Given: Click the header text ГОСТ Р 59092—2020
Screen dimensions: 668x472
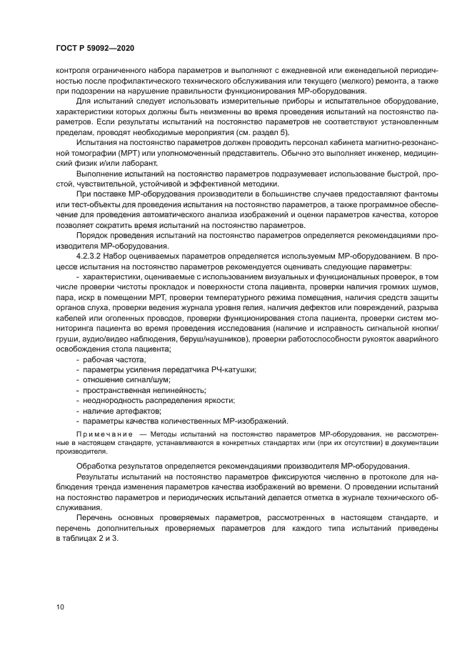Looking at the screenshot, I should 94,47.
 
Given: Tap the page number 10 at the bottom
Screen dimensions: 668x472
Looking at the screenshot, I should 60,606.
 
